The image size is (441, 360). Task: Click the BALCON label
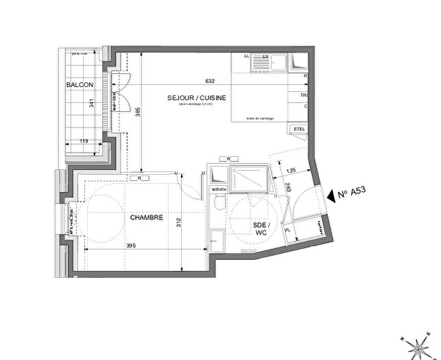tap(80, 84)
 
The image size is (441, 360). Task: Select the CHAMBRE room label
tap(146, 217)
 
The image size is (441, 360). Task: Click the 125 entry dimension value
tap(290, 170)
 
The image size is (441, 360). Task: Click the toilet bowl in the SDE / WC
tap(218, 202)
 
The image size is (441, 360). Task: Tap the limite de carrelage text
tap(261, 119)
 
